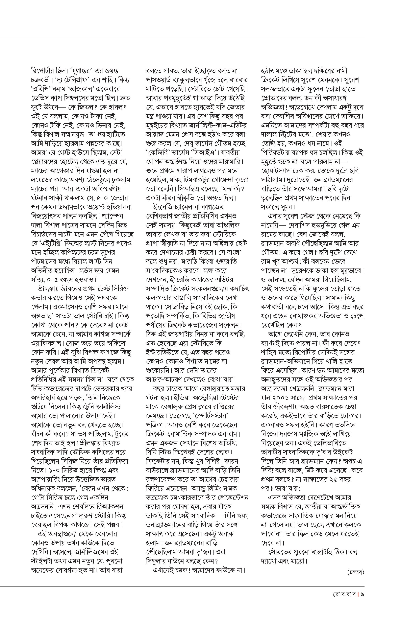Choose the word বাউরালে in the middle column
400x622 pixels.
pos(157,470)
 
